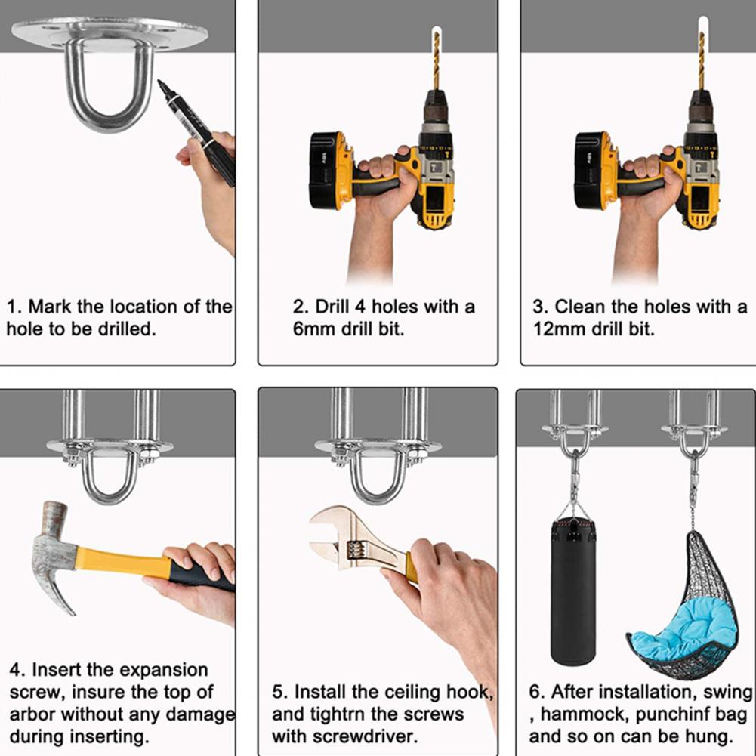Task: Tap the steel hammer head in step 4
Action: (52, 554)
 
